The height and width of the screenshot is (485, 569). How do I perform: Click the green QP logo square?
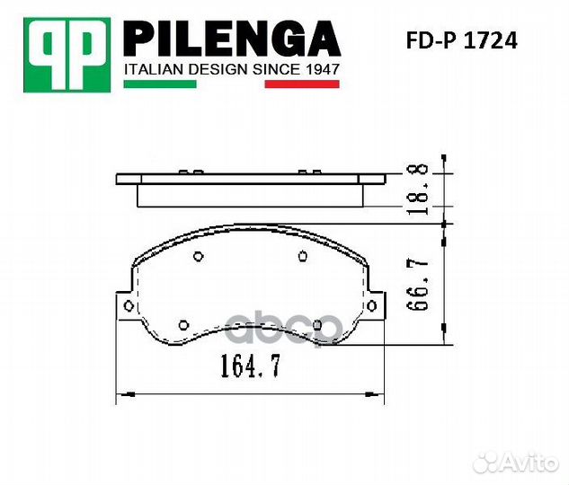(67, 55)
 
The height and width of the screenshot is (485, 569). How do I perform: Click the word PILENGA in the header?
(232, 39)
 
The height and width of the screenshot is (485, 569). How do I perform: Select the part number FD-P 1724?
(462, 40)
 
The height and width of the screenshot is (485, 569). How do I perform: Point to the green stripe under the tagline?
(160, 84)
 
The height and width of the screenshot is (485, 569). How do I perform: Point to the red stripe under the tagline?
(302, 84)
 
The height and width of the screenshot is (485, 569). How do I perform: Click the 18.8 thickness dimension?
(418, 189)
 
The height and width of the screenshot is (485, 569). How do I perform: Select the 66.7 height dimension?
(418, 284)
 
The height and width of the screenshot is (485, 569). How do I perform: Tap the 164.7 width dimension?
(251, 366)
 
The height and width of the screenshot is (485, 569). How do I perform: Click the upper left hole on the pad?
(198, 257)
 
